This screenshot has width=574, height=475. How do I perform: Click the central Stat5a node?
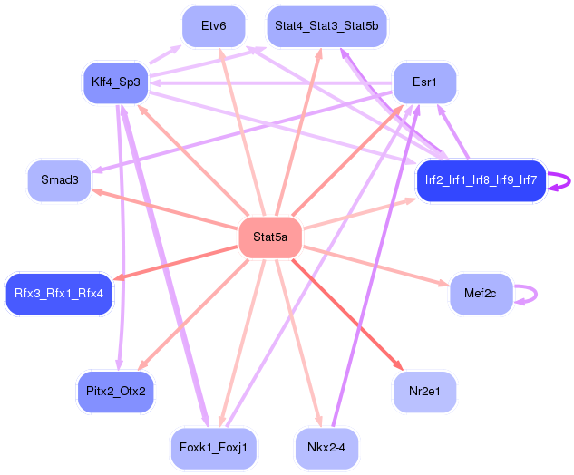(270, 237)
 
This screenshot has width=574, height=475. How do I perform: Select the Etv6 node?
(213, 26)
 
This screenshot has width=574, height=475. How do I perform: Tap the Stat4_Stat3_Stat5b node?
(326, 26)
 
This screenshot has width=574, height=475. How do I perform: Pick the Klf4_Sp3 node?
(116, 82)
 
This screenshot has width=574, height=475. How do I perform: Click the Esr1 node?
(424, 82)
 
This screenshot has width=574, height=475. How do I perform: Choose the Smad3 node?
(59, 180)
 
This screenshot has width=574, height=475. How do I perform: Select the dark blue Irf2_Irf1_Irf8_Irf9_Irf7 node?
(481, 180)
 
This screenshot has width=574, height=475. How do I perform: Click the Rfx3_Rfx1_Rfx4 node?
(59, 294)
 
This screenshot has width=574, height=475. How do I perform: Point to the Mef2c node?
(481, 294)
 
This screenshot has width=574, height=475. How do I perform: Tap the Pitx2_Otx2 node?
(116, 392)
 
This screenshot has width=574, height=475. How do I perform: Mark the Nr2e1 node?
(424, 392)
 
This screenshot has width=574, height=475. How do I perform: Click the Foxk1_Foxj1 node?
(213, 448)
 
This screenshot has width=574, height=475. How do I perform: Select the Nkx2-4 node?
(326, 448)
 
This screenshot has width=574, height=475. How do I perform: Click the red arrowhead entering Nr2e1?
(398, 365)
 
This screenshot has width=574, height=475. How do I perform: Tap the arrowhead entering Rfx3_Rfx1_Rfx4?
(119, 277)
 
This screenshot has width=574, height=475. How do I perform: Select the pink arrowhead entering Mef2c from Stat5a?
(443, 283)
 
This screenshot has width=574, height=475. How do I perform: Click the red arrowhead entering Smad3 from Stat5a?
(97, 191)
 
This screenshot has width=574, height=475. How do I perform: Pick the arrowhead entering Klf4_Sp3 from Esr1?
(155, 82)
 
